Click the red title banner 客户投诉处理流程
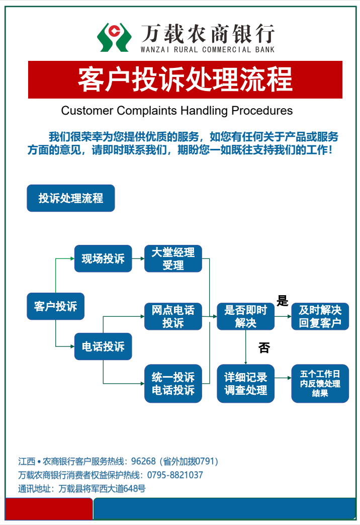185,79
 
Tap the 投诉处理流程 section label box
70,198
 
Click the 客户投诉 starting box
55,306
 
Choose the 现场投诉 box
103,259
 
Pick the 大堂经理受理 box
173,259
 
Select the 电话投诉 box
103,346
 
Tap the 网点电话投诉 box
173,316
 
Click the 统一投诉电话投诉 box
173,384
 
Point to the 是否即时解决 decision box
245,316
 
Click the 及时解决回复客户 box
320,316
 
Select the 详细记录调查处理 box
245,384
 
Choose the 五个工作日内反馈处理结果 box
320,384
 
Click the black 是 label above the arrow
283,301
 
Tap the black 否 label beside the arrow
264,347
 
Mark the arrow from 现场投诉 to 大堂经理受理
138,259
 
